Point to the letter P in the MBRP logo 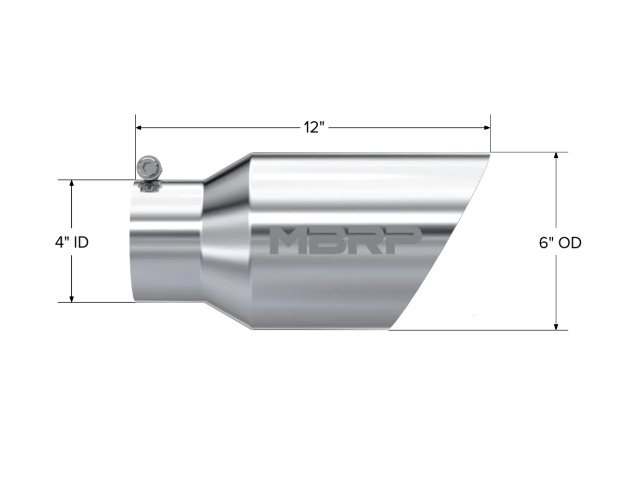click(x=404, y=239)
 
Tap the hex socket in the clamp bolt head click(x=149, y=166)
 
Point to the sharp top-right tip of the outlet click(x=491, y=152)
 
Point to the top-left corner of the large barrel click(x=251, y=153)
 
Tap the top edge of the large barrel click(x=364, y=152)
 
